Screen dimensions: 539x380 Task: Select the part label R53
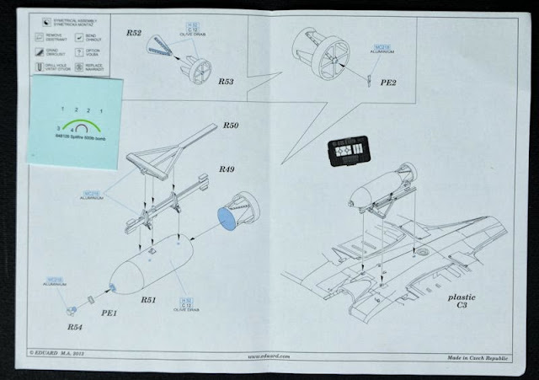[x=226, y=83]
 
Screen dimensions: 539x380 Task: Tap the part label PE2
[x=388, y=84]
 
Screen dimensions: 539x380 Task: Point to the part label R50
[x=232, y=126]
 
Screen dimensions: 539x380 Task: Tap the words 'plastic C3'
[x=462, y=302]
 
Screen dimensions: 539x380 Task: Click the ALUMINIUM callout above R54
[x=53, y=284]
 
